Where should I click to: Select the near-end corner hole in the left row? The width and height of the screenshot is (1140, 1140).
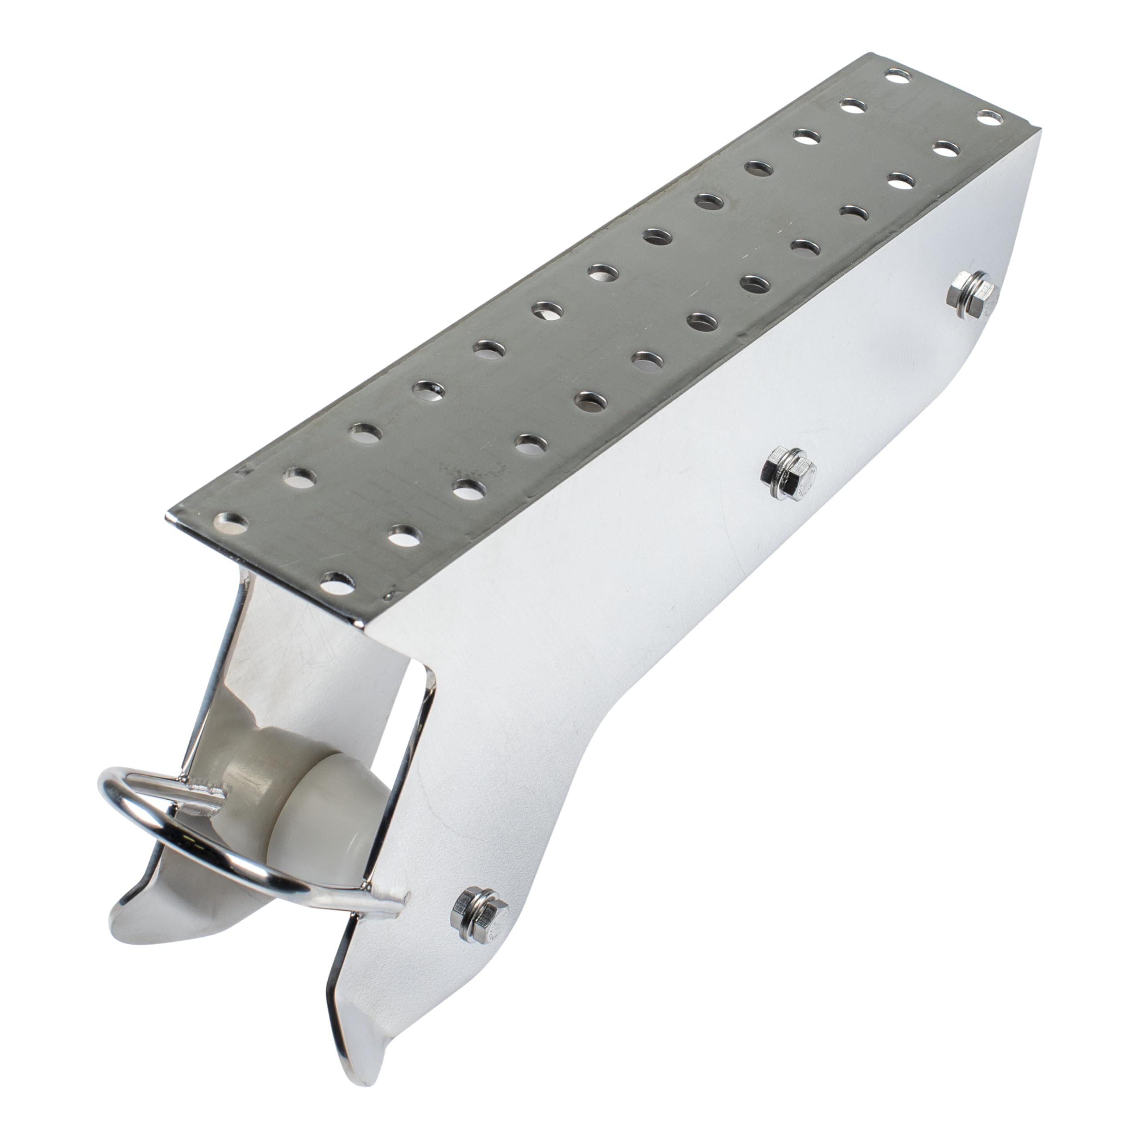[x=231, y=521]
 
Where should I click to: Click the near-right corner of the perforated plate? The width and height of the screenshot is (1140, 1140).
[x=361, y=619]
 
